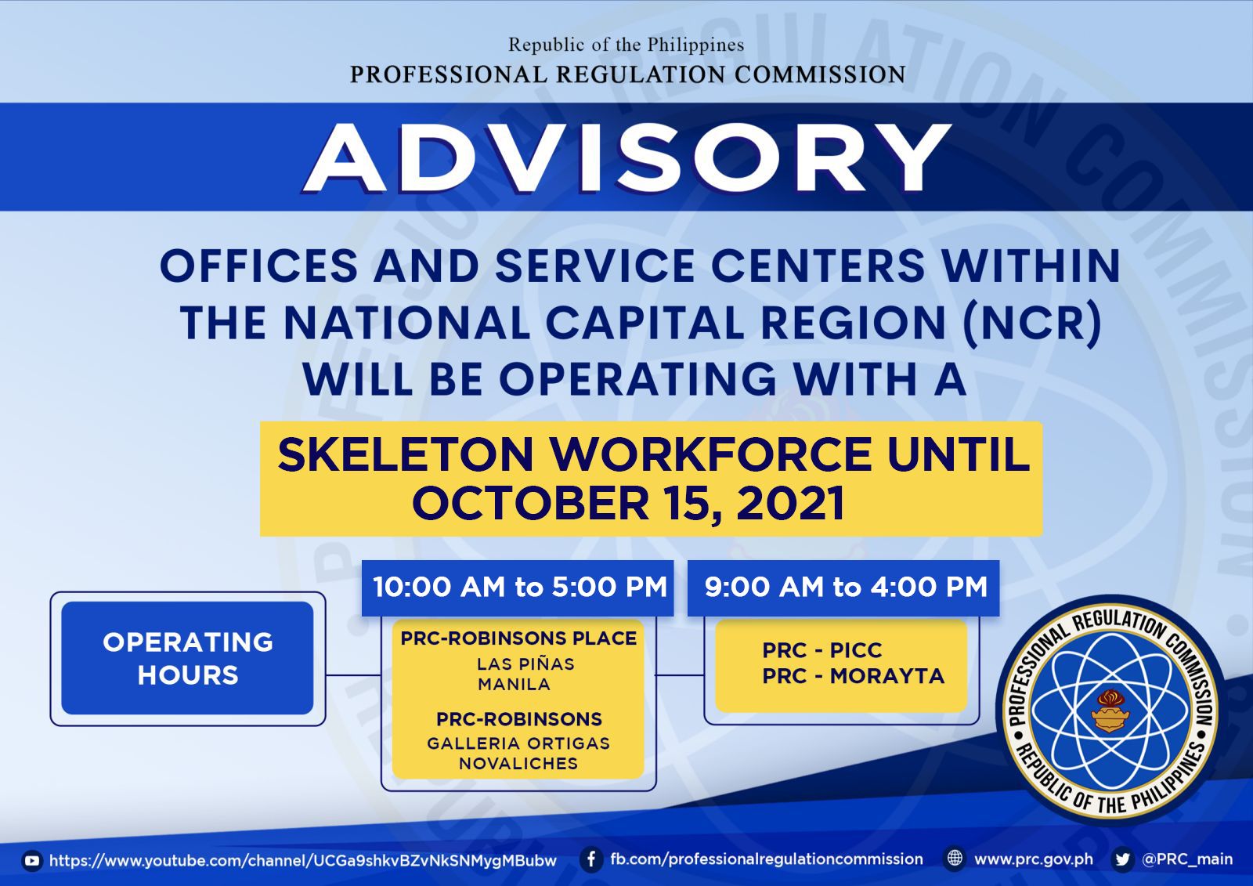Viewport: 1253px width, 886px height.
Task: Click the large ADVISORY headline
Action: [x=627, y=157]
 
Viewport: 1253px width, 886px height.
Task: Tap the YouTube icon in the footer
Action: [x=32, y=861]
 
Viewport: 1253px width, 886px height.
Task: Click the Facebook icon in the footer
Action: [x=590, y=859]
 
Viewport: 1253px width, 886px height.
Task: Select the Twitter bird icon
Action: [x=1122, y=859]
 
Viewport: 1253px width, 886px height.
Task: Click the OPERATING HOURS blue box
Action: [x=187, y=657]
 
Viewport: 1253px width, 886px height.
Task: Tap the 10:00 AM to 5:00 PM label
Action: [x=520, y=587]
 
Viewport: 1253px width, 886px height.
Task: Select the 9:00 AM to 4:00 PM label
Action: [x=846, y=587]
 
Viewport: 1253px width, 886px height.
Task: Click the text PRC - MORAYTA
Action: [x=853, y=676]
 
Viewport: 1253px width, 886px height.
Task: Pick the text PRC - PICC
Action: [x=822, y=650]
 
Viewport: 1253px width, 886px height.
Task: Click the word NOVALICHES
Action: [x=518, y=764]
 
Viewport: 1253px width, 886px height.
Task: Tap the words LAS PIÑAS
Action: [x=525, y=664]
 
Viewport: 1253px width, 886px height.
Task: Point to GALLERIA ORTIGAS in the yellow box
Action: [x=518, y=743]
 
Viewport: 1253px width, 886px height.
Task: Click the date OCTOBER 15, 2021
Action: [x=627, y=503]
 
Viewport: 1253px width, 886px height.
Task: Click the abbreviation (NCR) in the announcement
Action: [x=1033, y=323]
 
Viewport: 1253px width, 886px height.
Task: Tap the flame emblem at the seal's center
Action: [x=1110, y=712]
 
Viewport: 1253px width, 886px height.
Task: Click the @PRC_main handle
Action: [x=1187, y=859]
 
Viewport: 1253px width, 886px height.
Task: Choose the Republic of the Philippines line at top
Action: [x=626, y=45]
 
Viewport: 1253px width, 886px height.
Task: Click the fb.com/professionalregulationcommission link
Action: [x=767, y=859]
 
